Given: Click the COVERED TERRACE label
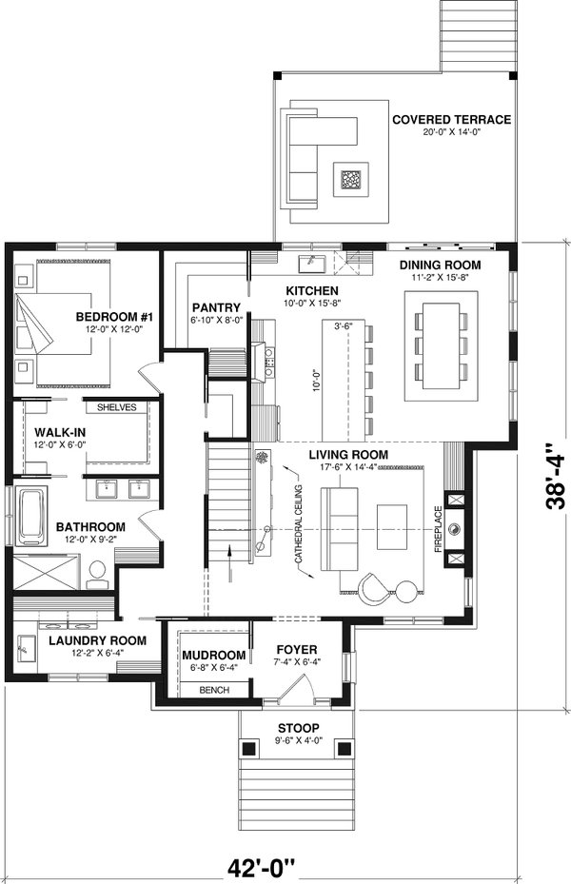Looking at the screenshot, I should (x=452, y=120).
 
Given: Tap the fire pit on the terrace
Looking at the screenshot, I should (x=351, y=179).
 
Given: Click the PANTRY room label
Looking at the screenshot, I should (x=214, y=307).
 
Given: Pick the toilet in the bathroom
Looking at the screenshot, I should (x=96, y=572).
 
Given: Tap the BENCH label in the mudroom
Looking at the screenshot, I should (x=213, y=690).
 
